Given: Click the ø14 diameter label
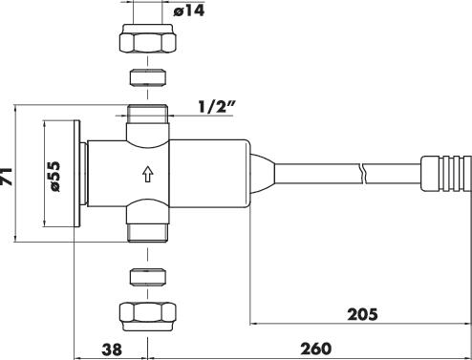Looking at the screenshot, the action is [189, 11].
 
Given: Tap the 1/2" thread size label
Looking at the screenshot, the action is [217, 106].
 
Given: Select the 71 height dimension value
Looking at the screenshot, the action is [7, 176].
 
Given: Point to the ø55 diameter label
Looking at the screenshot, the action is [54, 176].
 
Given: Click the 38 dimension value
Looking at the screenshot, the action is [112, 349].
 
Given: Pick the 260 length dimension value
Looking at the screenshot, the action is [316, 349].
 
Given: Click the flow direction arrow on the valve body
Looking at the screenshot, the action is [147, 174].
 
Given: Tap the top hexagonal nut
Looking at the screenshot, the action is [147, 38].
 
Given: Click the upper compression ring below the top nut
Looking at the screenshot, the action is [147, 76].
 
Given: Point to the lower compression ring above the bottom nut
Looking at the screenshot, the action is [147, 276].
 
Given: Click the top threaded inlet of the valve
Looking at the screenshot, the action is [147, 114].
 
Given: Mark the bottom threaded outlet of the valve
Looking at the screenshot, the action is [147, 233].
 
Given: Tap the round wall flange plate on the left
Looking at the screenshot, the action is [76, 174].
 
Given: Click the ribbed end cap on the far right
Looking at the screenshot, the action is [445, 174].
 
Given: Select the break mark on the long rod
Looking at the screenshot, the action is [363, 174].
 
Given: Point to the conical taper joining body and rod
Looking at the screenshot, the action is [262, 174].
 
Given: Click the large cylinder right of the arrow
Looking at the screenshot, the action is [209, 174].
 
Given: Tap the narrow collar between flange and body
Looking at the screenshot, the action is [83, 174].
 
